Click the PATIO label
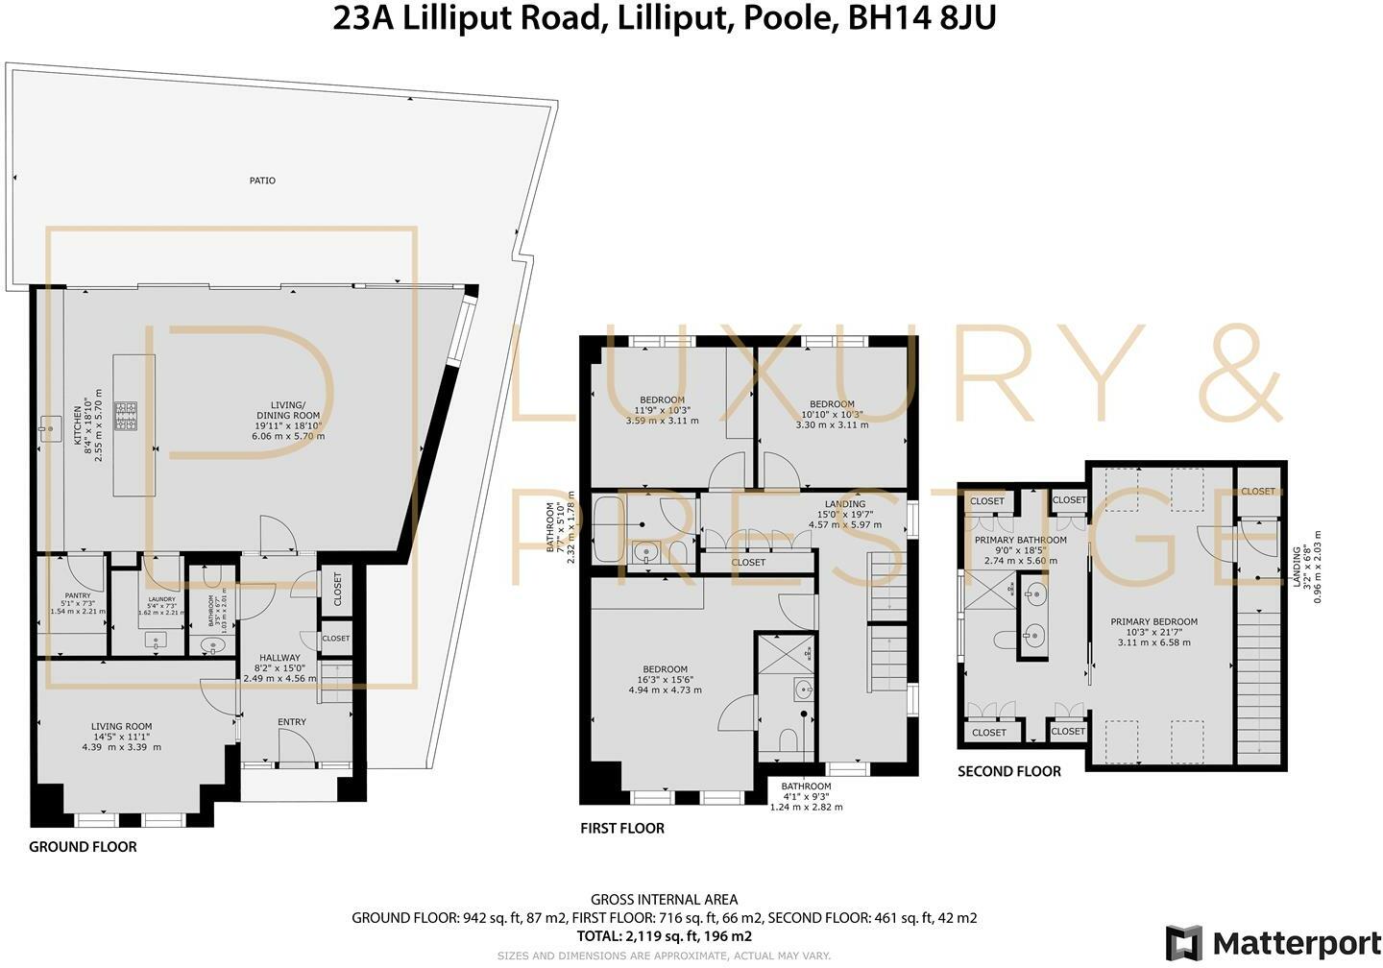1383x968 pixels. click(x=262, y=181)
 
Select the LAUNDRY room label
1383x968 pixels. click(x=161, y=599)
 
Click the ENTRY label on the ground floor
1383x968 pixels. click(x=292, y=722)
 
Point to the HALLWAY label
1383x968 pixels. click(x=278, y=658)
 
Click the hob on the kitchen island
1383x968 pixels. click(x=126, y=415)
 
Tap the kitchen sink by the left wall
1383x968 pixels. click(x=48, y=423)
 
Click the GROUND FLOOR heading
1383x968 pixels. click(x=83, y=847)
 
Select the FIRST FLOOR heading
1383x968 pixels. click(x=622, y=828)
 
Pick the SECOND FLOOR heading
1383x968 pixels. click(x=1009, y=771)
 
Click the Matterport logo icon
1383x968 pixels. click(x=1183, y=942)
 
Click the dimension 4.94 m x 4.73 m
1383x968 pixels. click(x=665, y=690)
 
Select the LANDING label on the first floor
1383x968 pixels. click(x=845, y=504)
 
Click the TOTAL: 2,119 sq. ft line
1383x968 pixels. click(x=664, y=936)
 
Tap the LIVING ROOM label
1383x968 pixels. click(x=122, y=727)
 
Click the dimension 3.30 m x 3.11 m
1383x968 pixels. click(x=832, y=424)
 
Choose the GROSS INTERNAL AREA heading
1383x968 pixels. click(x=664, y=900)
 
